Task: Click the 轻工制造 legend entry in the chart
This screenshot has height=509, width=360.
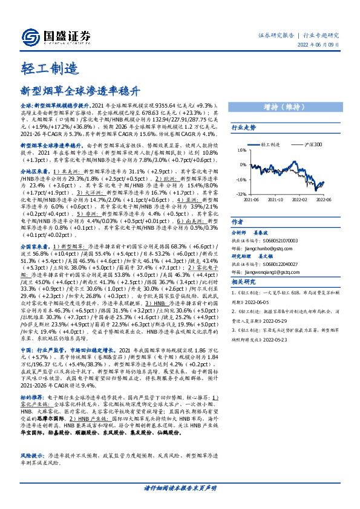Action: coord(269,144)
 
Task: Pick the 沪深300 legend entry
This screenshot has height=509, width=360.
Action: coord(310,144)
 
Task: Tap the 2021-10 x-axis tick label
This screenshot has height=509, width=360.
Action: coord(275,199)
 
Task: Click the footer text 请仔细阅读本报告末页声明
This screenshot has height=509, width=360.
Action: coord(180,487)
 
